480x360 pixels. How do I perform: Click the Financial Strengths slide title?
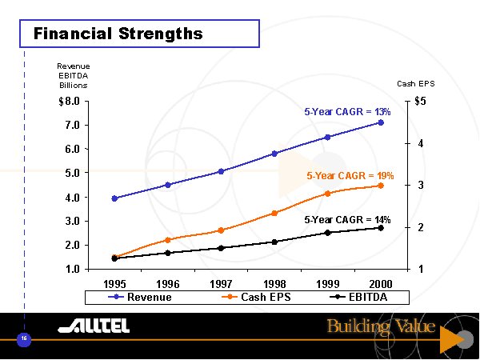(x=118, y=34)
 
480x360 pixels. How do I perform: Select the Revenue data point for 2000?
(x=381, y=122)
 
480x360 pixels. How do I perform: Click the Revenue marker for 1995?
(x=114, y=198)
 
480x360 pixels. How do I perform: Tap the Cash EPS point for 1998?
(x=274, y=213)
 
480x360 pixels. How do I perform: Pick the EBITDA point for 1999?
(x=327, y=233)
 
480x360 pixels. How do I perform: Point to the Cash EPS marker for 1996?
(x=167, y=240)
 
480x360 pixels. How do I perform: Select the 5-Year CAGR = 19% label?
(x=350, y=174)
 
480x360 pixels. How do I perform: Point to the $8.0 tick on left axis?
(x=70, y=102)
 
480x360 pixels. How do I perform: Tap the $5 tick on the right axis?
(x=420, y=102)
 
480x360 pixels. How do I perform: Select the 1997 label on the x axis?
(x=221, y=284)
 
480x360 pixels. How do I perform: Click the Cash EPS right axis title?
(x=415, y=83)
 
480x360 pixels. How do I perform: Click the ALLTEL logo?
(x=94, y=326)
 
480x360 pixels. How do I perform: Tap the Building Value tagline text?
(x=380, y=326)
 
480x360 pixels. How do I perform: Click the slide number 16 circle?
(x=24, y=339)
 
